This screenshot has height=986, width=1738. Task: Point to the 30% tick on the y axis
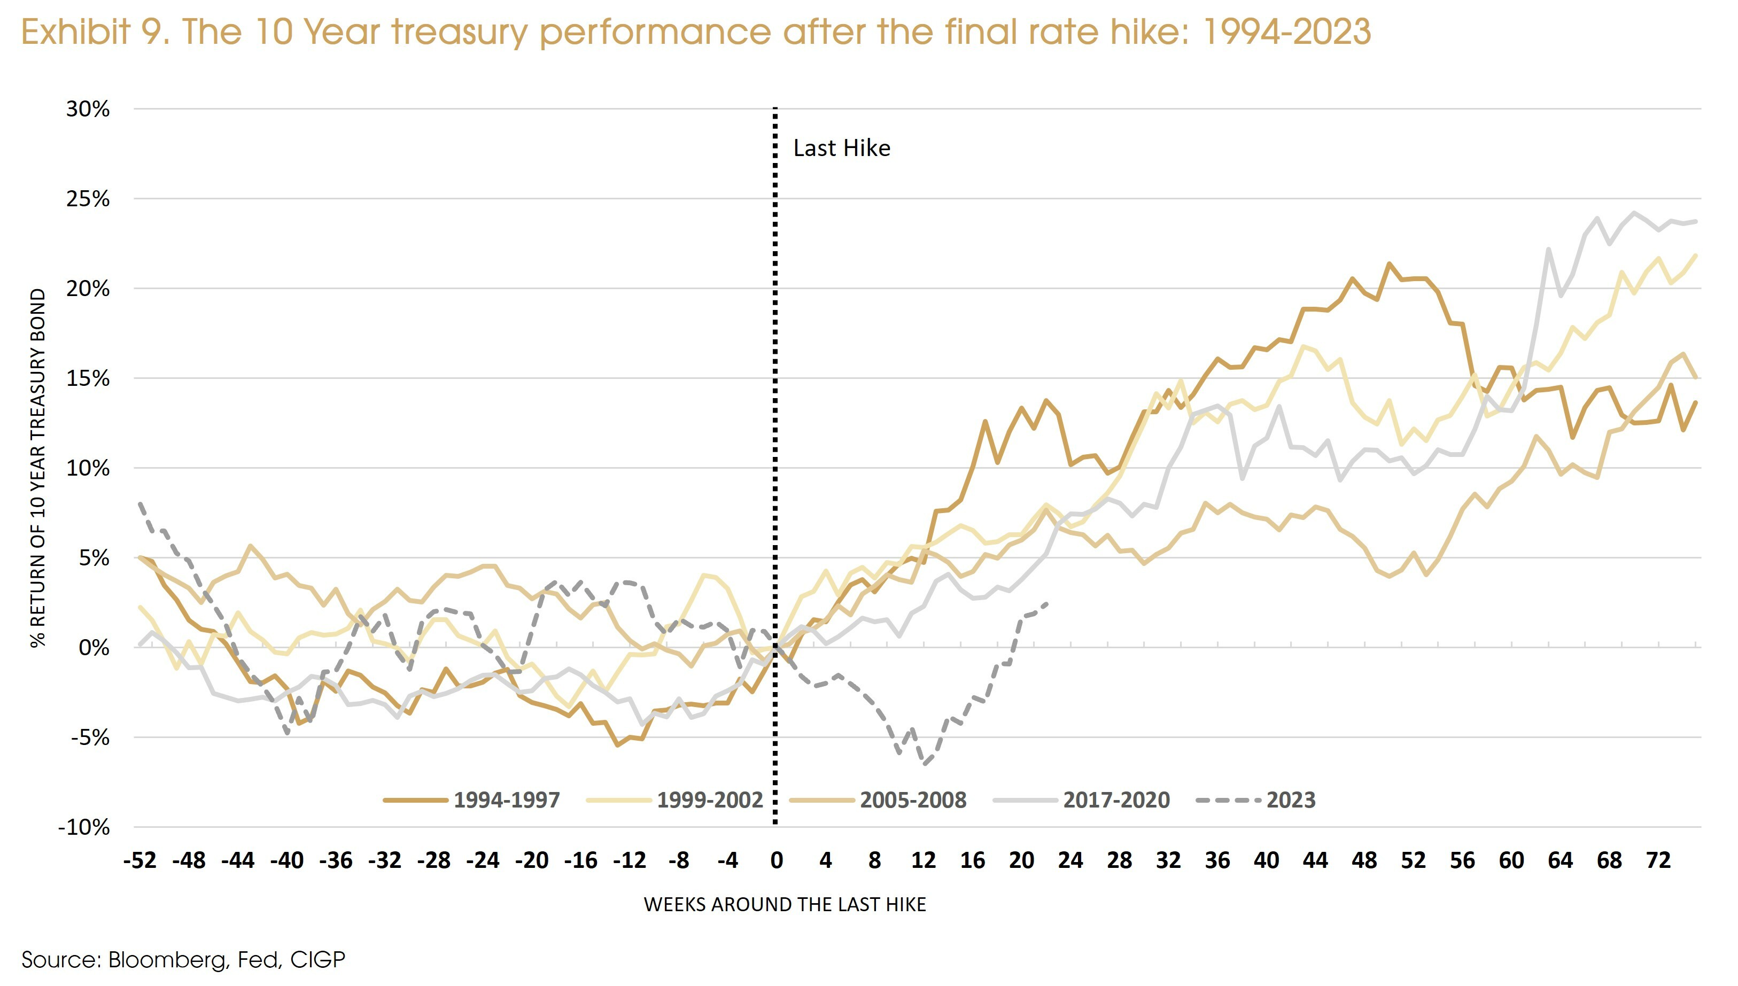coord(87,109)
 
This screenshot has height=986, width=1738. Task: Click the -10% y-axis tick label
coord(84,827)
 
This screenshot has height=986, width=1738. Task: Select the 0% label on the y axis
coord(94,647)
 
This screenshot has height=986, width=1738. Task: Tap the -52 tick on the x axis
coord(139,861)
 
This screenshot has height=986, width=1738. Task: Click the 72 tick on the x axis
coord(1658,861)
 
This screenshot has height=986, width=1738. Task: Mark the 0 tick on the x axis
coord(776,861)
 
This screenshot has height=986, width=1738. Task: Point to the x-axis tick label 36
coord(1217,861)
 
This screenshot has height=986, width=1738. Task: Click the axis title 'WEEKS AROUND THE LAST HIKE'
coord(784,905)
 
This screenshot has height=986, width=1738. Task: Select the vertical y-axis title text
coord(38,467)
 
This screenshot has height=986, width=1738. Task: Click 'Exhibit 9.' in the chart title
coord(95,32)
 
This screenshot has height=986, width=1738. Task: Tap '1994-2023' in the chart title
coord(1286,32)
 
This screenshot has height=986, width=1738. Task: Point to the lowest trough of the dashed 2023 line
coord(924,764)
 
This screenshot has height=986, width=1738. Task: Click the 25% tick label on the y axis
coord(87,199)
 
